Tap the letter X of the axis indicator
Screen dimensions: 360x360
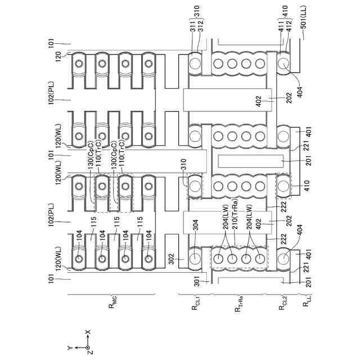pos(87,332)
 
